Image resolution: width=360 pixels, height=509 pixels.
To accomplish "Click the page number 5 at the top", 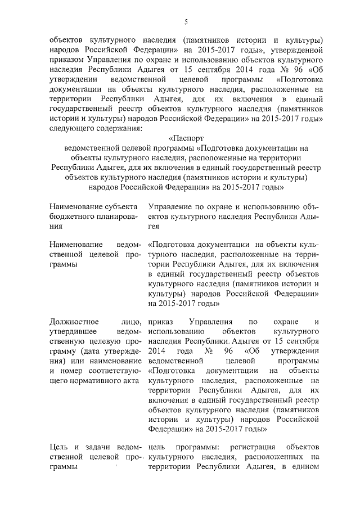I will (x=186, y=22).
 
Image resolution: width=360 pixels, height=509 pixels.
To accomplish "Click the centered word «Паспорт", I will (x=186, y=138).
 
